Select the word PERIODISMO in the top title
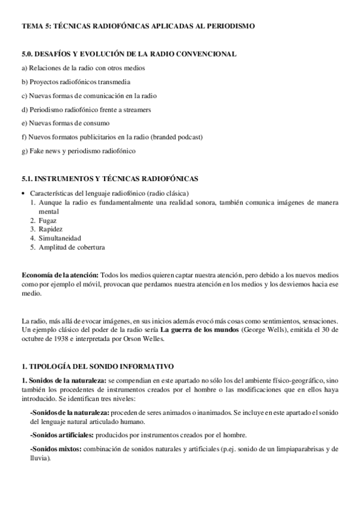coord(229,26)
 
